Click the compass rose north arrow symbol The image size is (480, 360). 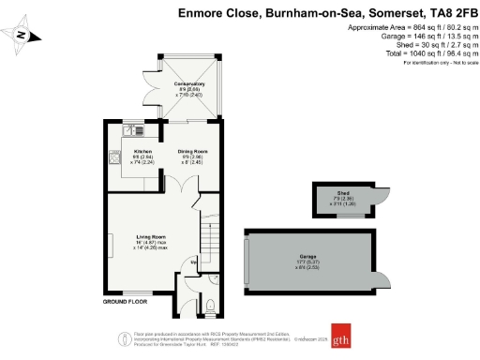(x=25, y=37)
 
